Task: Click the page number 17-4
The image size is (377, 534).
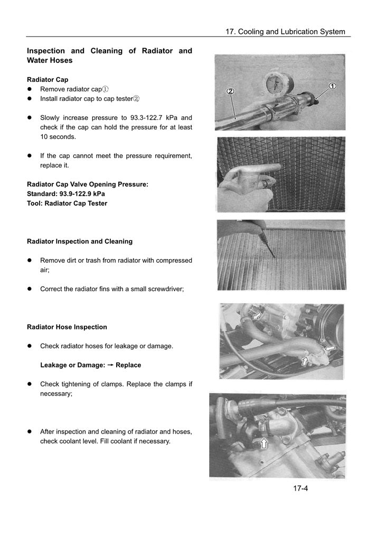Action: click(x=300, y=488)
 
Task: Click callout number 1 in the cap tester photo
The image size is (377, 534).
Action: click(x=333, y=86)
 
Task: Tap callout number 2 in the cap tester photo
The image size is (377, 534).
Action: click(x=230, y=91)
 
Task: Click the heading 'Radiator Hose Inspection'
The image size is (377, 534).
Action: click(x=67, y=327)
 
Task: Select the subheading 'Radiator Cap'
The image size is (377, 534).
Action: click(x=48, y=79)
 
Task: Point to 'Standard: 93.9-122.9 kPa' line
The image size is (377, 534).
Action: click(x=66, y=194)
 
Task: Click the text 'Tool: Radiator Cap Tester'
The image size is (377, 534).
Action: click(x=67, y=203)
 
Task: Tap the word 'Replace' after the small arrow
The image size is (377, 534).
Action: click(x=128, y=365)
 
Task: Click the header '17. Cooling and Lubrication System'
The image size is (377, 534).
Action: click(x=285, y=32)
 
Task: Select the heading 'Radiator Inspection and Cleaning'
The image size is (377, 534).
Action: click(x=80, y=241)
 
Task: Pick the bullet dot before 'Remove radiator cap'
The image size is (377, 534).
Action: click(x=30, y=89)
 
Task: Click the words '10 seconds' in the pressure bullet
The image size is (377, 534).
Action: click(x=58, y=136)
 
